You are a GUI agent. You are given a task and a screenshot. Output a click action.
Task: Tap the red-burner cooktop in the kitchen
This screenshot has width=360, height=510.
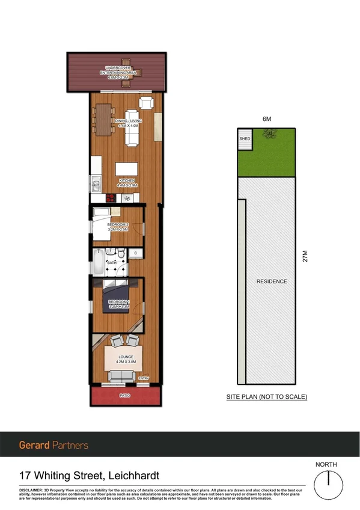pos(111,197)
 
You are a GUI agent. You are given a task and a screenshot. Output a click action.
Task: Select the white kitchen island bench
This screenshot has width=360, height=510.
pos(127,169)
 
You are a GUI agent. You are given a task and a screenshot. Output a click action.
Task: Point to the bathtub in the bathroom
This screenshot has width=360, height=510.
pos(97,262)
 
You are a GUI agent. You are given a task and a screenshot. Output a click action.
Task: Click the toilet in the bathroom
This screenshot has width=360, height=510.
pos(121,255)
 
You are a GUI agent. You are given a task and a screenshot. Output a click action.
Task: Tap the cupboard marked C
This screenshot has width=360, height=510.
pos(136,254)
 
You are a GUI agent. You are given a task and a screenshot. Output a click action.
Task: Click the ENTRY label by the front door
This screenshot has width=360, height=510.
pos(144,378)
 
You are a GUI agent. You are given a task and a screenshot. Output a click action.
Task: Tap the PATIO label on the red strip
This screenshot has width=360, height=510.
pos(124,396)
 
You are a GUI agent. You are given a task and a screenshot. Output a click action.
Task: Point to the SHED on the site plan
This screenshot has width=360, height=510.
pos(244,138)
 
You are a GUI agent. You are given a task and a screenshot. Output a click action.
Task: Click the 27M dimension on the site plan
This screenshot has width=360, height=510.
pos(305,257)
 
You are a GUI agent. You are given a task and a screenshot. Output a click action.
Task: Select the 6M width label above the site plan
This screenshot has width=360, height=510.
pos(266,119)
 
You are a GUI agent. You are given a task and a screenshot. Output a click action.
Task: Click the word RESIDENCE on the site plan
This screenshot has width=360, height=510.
pos(272,281)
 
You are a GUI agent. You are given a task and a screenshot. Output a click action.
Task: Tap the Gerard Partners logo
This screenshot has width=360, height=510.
pos(53,445)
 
